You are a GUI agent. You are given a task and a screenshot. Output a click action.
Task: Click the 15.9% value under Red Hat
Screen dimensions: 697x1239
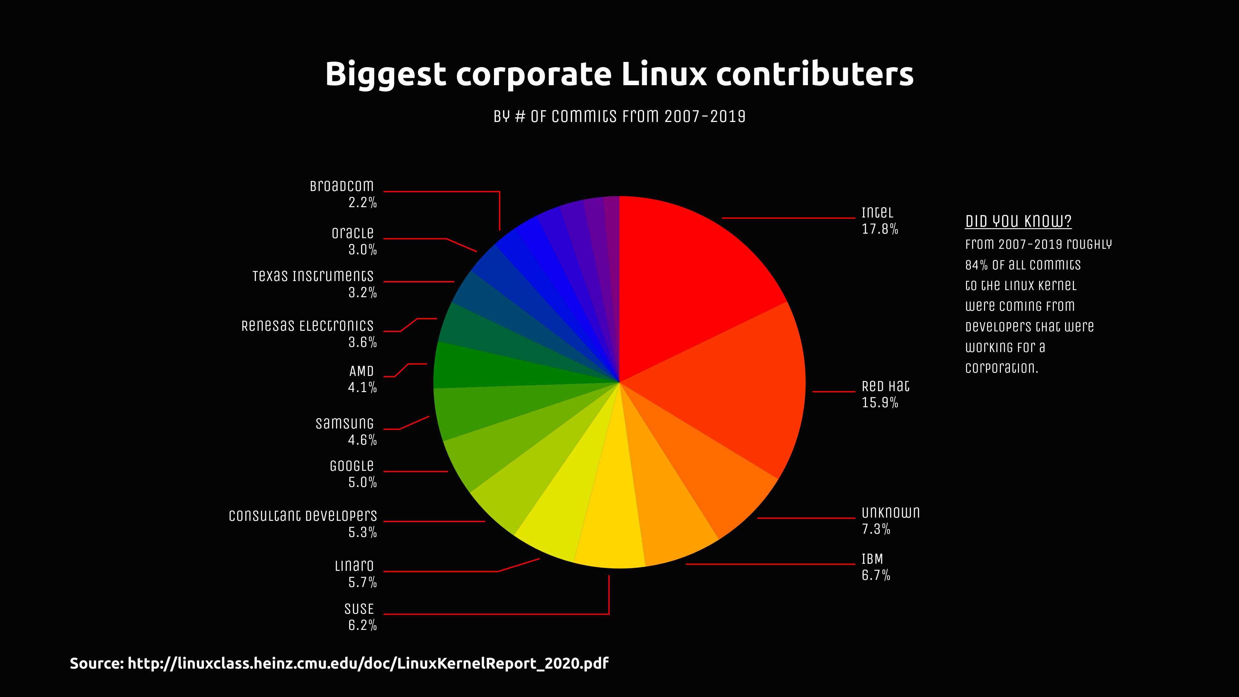[879, 403]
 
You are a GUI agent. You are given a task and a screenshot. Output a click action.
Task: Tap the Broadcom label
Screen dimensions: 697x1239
[341, 186]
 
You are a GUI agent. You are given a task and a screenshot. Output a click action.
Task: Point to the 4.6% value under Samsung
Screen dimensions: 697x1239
[362, 439]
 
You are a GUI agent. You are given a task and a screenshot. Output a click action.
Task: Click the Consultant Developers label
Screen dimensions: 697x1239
[303, 516]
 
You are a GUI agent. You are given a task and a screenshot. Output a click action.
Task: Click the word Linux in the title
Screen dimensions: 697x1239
[664, 74]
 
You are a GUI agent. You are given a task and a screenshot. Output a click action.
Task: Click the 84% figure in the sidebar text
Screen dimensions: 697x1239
[975, 265]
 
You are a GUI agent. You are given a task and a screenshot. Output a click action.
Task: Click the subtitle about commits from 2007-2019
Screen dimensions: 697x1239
[619, 116]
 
